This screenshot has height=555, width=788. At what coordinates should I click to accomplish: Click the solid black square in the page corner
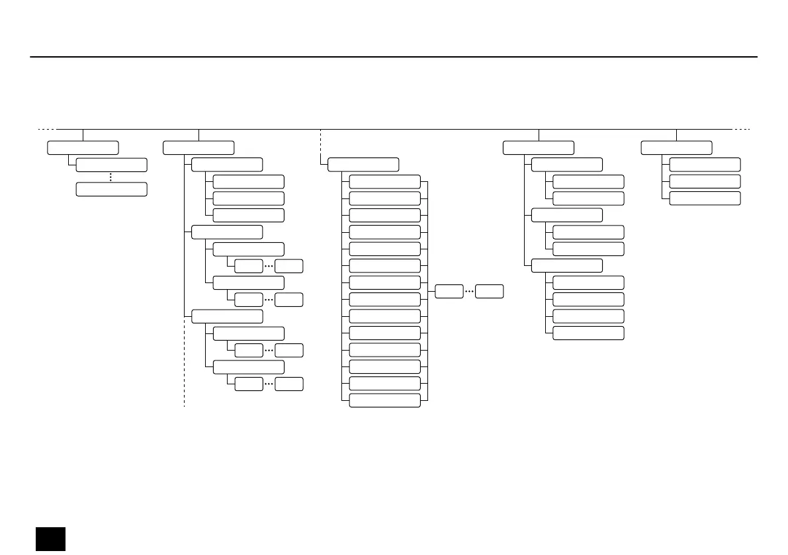coord(50,538)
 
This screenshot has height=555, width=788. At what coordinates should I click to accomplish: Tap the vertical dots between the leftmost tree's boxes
coord(111,177)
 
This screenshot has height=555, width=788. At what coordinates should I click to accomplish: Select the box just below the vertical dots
coord(111,189)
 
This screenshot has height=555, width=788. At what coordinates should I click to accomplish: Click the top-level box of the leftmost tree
coord(83,148)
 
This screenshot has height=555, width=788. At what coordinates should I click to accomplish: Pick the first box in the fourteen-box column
coord(384,182)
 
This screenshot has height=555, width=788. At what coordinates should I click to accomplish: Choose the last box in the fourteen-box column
coord(384,400)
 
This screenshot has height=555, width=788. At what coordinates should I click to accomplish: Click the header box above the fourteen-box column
coord(363,165)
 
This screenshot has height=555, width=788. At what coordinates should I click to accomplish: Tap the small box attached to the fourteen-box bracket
coord(449,291)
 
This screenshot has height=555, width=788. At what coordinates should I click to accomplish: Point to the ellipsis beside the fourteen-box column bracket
coord(469,291)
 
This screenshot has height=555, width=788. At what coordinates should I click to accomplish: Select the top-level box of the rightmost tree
coord(676,148)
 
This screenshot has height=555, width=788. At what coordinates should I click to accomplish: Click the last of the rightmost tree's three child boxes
coord(705,198)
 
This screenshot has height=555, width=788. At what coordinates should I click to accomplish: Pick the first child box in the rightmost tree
coord(705,165)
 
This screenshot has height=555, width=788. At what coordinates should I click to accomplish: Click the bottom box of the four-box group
coord(588,333)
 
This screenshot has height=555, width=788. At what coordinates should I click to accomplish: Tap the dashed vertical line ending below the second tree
coord(183,370)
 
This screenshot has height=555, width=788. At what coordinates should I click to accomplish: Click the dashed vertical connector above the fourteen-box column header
coord(320,142)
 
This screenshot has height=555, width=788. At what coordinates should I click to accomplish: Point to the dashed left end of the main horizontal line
coord(46,129)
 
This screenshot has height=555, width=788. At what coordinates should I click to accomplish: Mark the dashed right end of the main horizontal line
coord(742,129)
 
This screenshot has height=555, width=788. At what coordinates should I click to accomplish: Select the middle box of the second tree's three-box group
coord(249,198)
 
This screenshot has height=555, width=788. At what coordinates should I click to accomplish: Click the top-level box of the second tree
coord(198,148)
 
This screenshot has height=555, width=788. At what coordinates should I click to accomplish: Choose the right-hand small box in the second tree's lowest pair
coord(289,384)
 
